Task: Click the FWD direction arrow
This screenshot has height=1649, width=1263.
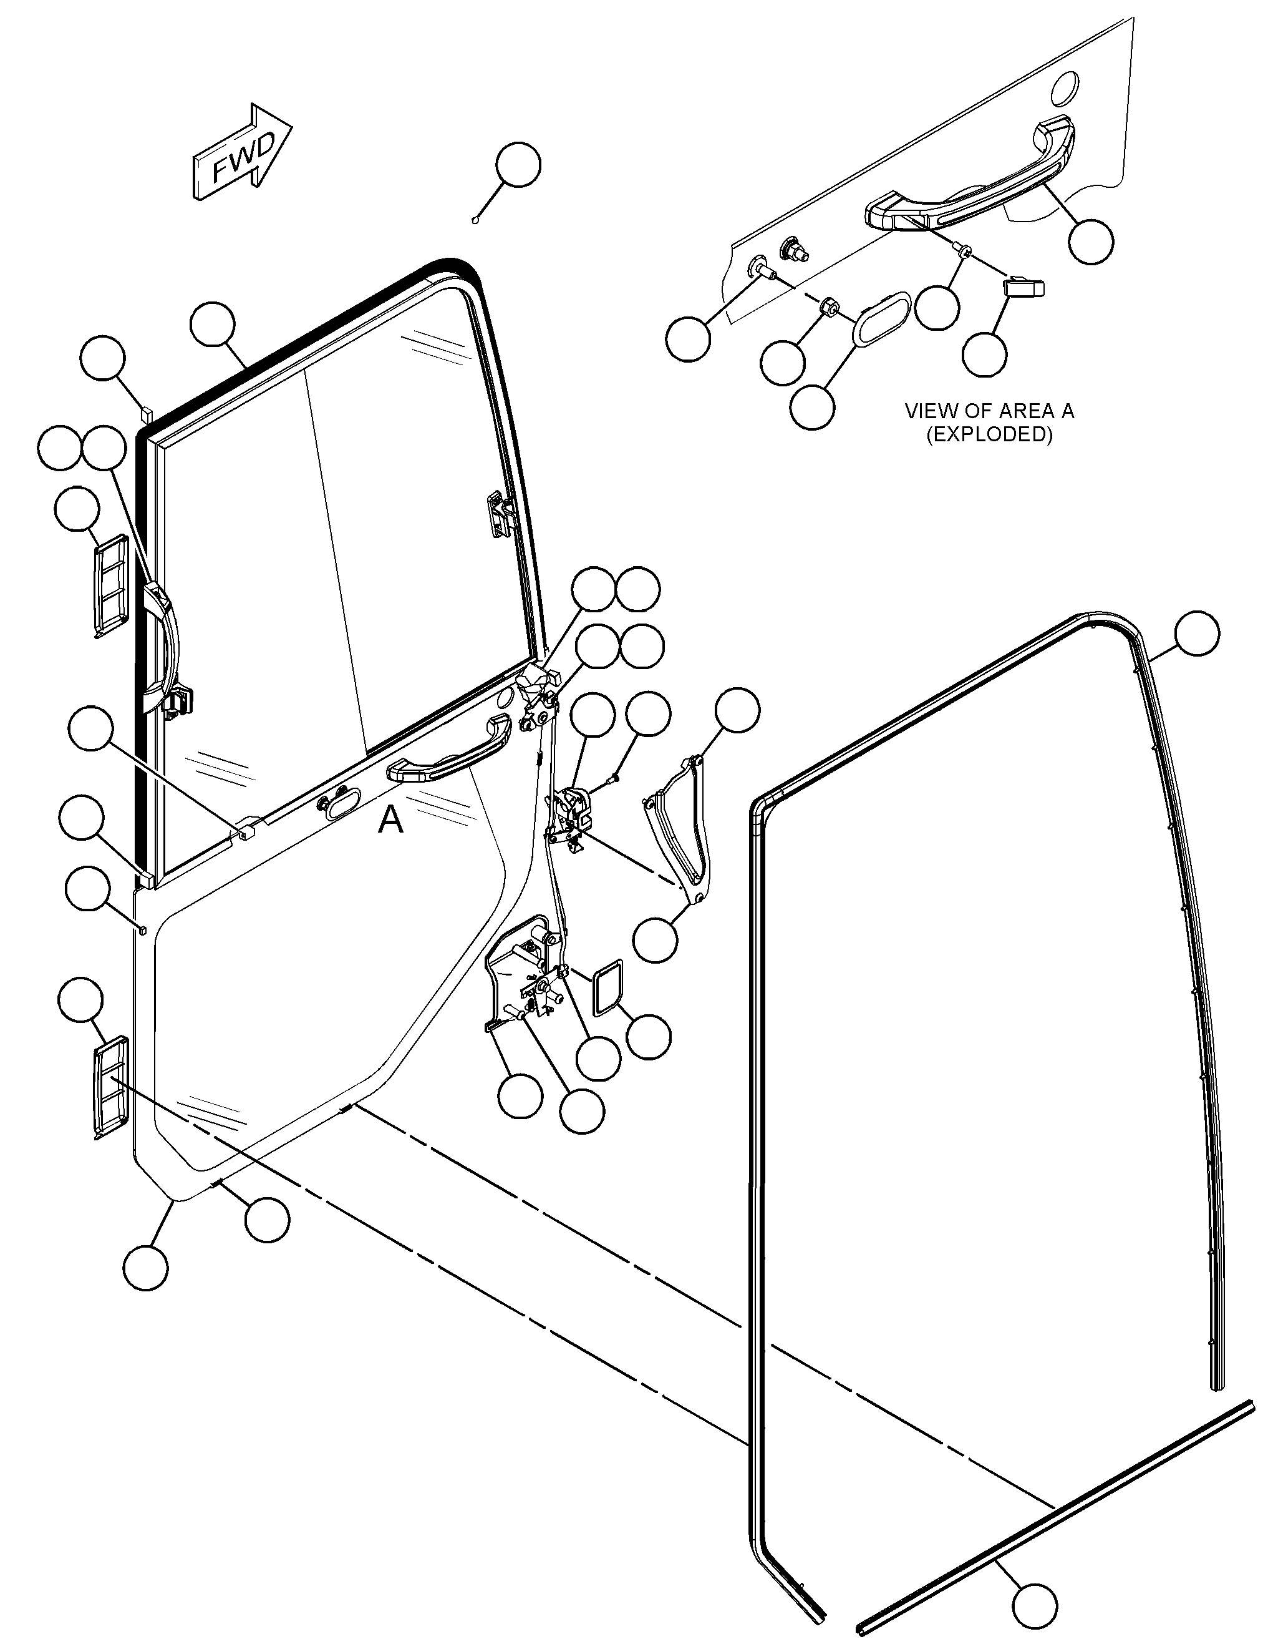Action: (242, 153)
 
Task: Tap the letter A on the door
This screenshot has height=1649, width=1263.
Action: (390, 820)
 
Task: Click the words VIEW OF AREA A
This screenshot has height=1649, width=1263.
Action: (989, 411)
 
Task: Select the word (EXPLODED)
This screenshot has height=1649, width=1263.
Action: (989, 435)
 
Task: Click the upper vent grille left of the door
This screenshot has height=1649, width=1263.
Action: (110, 583)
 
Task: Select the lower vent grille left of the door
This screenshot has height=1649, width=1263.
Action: (110, 1085)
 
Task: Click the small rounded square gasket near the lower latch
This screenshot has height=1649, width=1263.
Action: (608, 988)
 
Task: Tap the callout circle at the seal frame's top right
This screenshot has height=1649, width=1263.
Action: (1198, 634)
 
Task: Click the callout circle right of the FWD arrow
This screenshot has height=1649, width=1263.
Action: (518, 165)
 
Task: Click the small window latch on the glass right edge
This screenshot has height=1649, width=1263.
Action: (499, 512)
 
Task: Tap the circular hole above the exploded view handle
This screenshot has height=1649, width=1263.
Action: (1065, 88)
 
